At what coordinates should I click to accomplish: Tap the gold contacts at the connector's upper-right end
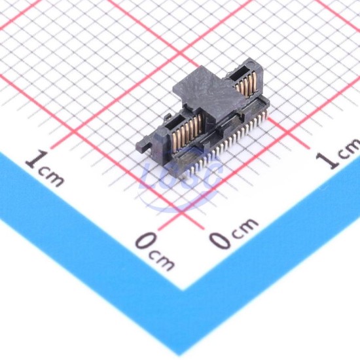pos(245,84)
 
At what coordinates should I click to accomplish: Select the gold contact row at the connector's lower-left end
pos(187,130)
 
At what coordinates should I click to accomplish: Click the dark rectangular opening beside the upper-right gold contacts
pos(239,74)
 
